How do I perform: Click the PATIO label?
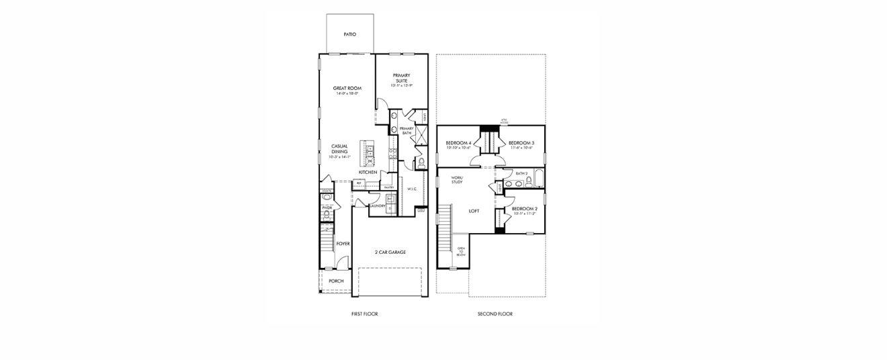(349, 34)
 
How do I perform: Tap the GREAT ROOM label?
(347, 89)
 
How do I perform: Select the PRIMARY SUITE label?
(401, 79)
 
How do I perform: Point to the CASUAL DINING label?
(339, 149)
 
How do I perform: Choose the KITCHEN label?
(368, 173)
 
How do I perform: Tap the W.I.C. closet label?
(412, 189)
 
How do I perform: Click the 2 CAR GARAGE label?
(390, 253)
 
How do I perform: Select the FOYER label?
(343, 244)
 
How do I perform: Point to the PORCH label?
(336, 281)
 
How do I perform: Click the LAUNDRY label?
(378, 206)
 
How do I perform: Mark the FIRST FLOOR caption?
(364, 314)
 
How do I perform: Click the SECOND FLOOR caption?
(495, 314)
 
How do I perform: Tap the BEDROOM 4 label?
(458, 143)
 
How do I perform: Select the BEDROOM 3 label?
(521, 143)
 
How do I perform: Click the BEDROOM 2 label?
(524, 209)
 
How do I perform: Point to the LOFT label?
(474, 211)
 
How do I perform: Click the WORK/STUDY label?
(457, 179)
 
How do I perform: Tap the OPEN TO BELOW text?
(461, 252)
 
